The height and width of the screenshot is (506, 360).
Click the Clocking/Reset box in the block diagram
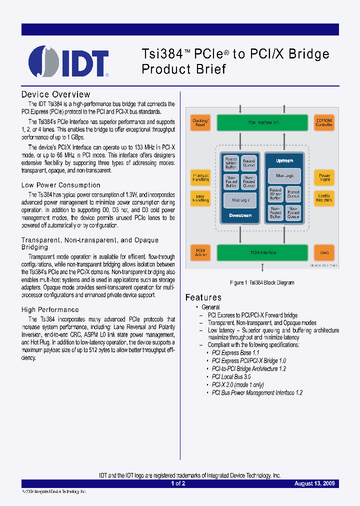tap(200, 123)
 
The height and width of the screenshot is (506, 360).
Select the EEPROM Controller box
tap(323, 123)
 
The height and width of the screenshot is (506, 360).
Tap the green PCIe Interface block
tap(262, 122)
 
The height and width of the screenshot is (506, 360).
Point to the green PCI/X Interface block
tap(262, 253)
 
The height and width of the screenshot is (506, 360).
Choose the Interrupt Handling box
tap(200, 178)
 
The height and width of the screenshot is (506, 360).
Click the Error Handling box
tap(200, 198)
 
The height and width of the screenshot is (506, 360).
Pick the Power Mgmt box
tap(324, 178)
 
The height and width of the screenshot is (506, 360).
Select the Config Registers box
tap(324, 198)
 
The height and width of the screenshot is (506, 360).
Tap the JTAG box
tap(324, 253)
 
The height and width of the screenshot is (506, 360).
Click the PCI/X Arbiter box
tap(200, 253)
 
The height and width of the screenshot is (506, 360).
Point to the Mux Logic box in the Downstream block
tap(240, 199)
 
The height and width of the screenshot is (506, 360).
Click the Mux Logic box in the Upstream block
tap(284, 175)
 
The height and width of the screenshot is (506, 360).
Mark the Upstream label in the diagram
tap(284, 161)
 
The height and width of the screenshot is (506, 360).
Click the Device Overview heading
tap(56, 94)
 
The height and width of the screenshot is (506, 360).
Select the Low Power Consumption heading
tap(61, 185)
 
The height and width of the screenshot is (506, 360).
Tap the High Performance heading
tap(50, 309)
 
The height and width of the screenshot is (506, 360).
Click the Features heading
tap(203, 297)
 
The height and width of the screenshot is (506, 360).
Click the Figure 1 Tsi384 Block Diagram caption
tap(262, 282)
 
